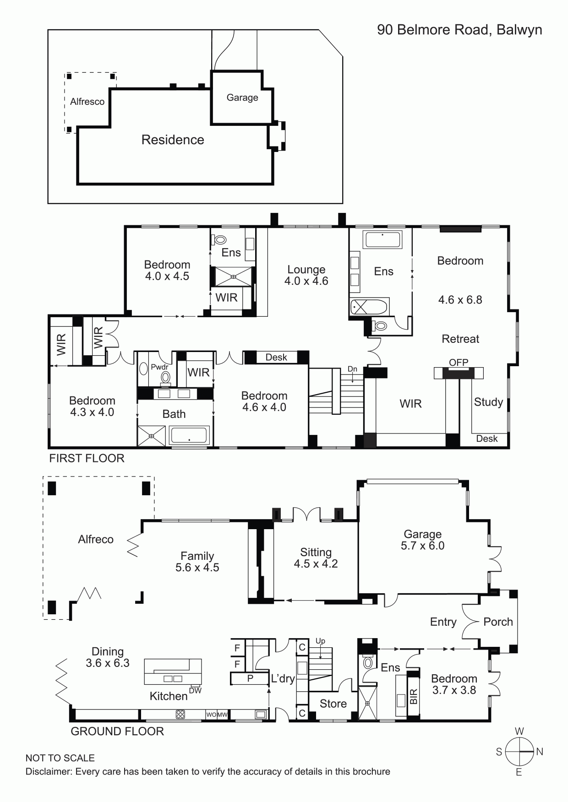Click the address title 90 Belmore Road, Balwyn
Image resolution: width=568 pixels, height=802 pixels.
click(459, 30)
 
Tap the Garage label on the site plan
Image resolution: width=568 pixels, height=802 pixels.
click(242, 98)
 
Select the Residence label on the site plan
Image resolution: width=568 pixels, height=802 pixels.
click(173, 140)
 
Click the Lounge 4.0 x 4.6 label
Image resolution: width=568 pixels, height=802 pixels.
click(306, 275)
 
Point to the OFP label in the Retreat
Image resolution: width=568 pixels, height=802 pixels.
click(459, 362)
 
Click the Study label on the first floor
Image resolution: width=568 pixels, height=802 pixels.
click(488, 402)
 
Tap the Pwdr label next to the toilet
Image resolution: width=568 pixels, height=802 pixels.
click(159, 367)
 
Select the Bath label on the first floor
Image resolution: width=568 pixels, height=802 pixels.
click(174, 414)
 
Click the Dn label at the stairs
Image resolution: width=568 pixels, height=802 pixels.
click(352, 369)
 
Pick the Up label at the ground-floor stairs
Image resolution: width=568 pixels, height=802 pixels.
click(320, 641)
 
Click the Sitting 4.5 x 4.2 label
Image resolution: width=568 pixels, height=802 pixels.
click(316, 558)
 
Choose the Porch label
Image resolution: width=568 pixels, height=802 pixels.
click(498, 622)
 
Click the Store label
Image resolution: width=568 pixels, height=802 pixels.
click(333, 704)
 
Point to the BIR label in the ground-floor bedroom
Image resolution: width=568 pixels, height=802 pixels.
click(414, 697)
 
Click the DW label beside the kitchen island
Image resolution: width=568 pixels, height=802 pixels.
click(195, 690)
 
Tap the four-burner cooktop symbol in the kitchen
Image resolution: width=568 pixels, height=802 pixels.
click(180, 714)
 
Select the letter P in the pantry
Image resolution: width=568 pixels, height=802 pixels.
click(250, 678)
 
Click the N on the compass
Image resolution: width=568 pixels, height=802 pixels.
click(540, 752)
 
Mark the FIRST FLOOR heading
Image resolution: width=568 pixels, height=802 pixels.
click(87, 458)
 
